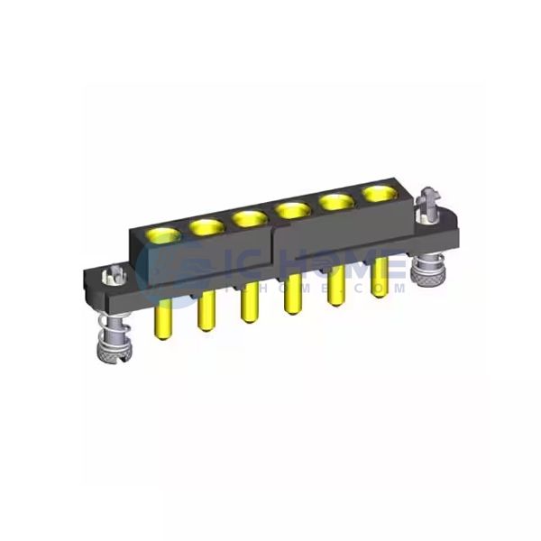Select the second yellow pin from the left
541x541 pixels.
pos(205,311)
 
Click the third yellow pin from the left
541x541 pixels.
pos(247,305)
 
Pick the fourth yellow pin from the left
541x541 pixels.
pos(292,298)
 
